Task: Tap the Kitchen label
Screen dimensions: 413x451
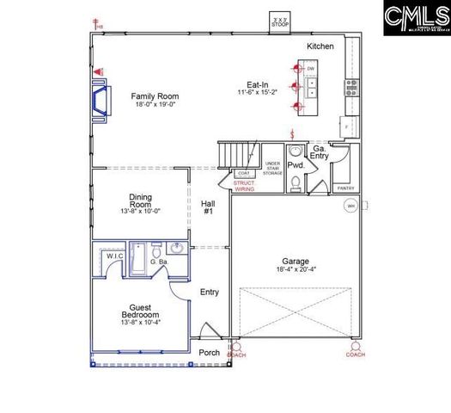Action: [x=320, y=46]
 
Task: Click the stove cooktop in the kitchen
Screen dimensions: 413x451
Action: [x=351, y=86]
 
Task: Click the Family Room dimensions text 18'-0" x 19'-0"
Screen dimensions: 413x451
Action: [x=155, y=104]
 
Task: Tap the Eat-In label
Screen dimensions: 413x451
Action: [x=259, y=84]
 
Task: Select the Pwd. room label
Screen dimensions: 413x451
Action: [x=296, y=164]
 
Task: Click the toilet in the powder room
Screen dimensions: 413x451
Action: [x=295, y=182]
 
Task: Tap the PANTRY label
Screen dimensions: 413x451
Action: [x=346, y=188]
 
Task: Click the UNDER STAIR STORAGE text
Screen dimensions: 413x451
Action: [x=272, y=168]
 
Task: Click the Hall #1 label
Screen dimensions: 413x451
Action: [x=208, y=207]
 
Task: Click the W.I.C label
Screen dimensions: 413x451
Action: [x=115, y=257]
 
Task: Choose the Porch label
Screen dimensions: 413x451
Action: [x=209, y=352]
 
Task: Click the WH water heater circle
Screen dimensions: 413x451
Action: [x=350, y=206]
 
